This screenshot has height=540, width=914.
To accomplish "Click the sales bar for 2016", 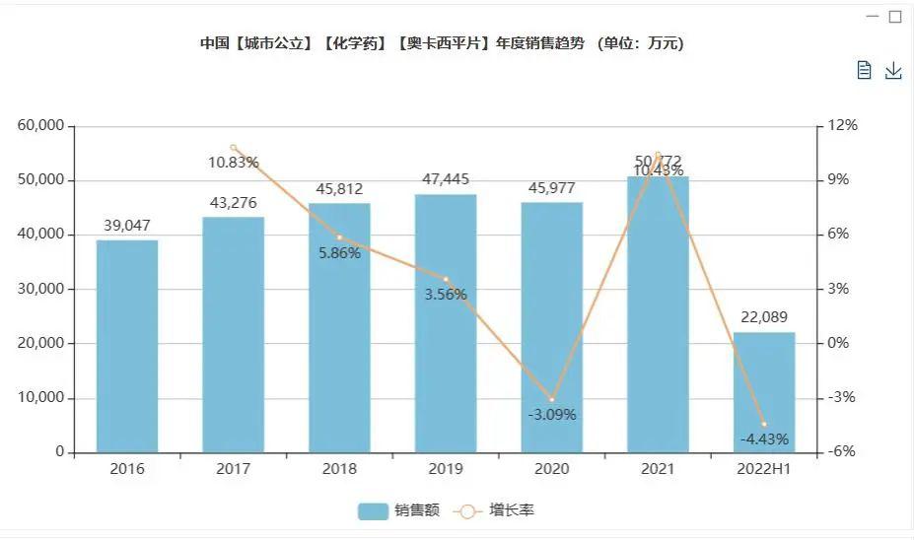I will click(x=127, y=346).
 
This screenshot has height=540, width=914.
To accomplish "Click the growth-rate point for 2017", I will click(x=234, y=148).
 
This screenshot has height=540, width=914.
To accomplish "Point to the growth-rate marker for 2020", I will click(x=552, y=400).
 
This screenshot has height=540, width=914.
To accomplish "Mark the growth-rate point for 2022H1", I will click(x=764, y=425).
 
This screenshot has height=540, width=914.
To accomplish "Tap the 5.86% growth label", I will click(x=339, y=253).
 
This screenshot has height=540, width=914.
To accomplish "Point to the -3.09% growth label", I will click(x=552, y=415).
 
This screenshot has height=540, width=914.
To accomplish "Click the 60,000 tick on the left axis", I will click(x=40, y=126).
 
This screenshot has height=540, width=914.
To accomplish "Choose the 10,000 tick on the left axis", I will click(x=40, y=398).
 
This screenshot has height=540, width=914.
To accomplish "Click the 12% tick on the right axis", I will click(x=843, y=126).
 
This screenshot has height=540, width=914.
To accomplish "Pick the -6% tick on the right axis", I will click(x=843, y=452).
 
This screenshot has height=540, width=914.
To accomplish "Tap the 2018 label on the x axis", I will click(x=339, y=469).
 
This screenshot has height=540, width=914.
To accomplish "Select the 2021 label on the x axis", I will click(x=658, y=469).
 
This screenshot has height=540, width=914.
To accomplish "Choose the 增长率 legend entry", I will click(x=498, y=510).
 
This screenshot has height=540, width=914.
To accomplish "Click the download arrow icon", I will click(x=893, y=70).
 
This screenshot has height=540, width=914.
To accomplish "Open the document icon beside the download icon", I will click(x=865, y=70).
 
